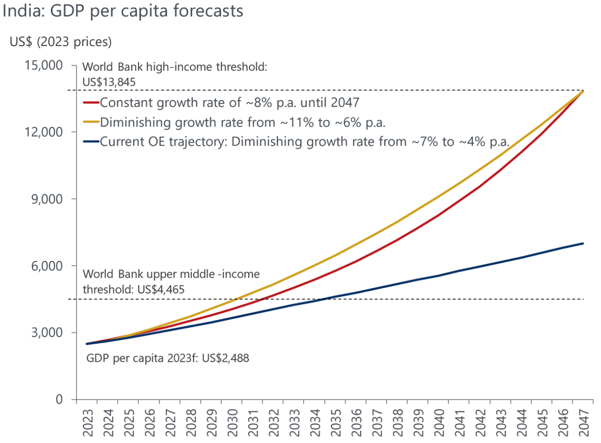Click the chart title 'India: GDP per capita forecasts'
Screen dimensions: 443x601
(x=123, y=11)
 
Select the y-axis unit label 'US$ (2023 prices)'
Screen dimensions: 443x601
(x=60, y=42)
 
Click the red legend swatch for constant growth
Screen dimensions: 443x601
(x=91, y=103)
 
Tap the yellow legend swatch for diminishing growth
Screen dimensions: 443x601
(x=91, y=122)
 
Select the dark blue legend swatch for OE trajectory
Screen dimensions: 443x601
(x=91, y=142)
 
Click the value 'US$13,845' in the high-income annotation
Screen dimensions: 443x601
(x=109, y=82)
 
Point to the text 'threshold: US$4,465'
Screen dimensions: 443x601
(x=134, y=289)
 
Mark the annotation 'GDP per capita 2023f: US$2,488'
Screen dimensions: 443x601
(x=168, y=359)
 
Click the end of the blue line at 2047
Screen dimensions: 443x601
(x=583, y=243)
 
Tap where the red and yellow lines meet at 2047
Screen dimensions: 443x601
(x=583, y=91)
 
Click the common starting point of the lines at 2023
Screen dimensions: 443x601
(x=87, y=344)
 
